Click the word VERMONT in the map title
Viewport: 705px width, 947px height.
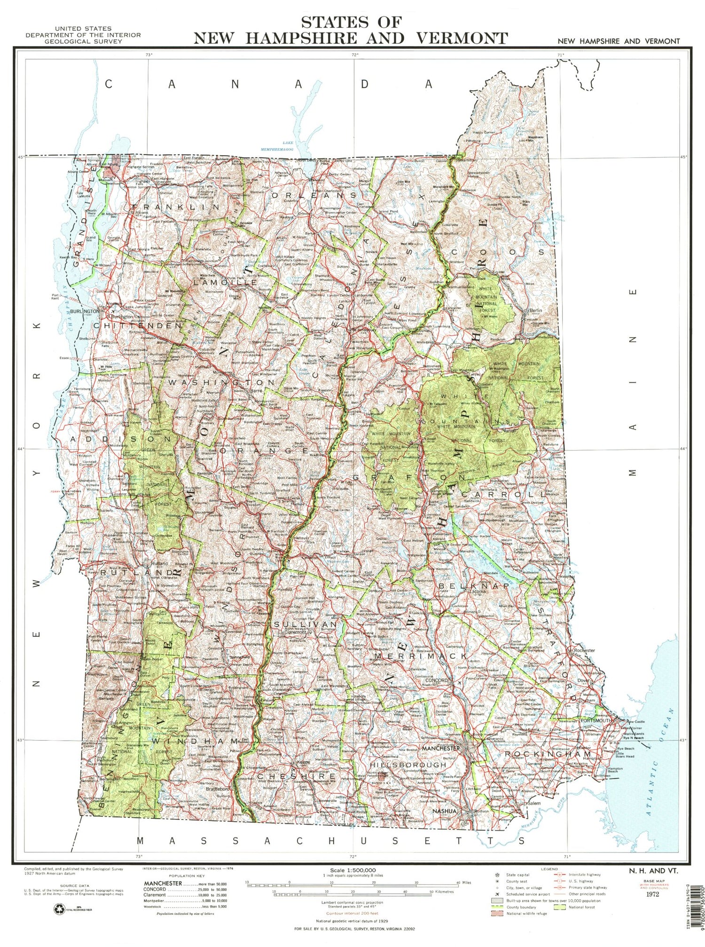(x=454, y=38)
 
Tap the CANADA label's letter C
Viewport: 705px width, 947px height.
(x=109, y=84)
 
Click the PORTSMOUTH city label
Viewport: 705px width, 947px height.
(x=595, y=720)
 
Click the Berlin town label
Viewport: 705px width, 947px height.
(x=536, y=310)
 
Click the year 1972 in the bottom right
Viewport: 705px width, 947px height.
(x=652, y=894)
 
